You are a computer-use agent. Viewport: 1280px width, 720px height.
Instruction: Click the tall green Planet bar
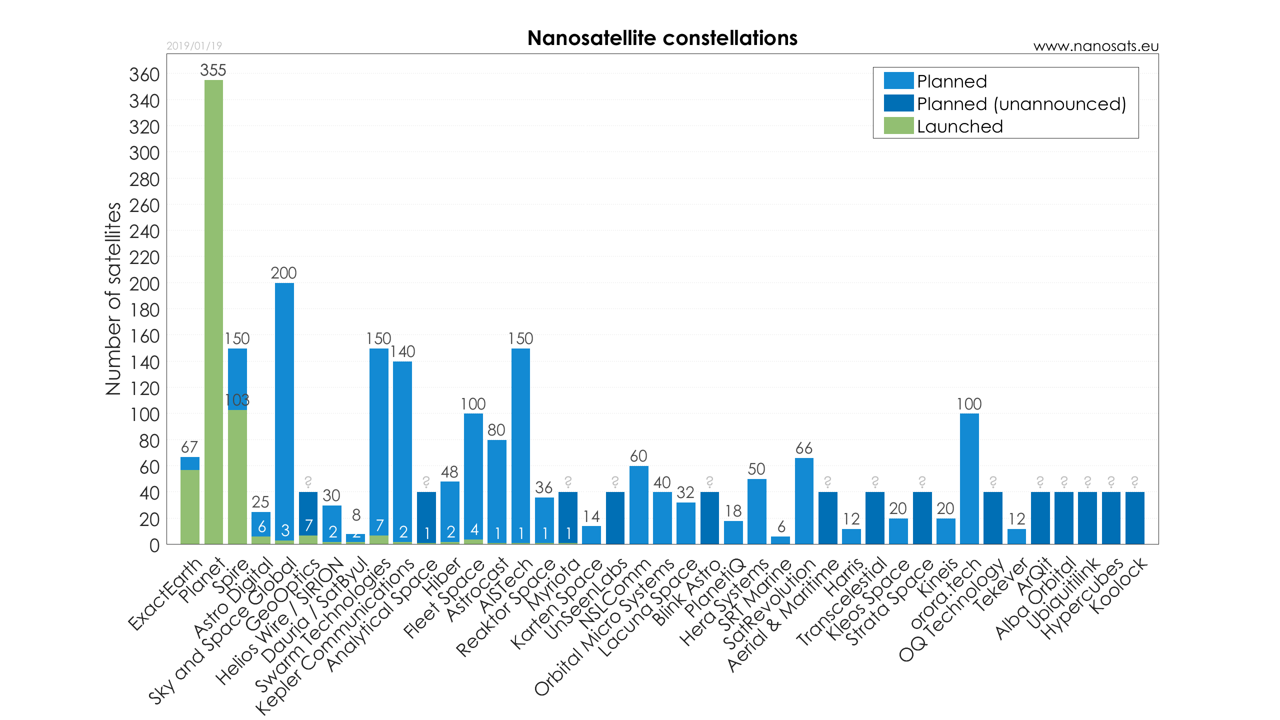click(213, 310)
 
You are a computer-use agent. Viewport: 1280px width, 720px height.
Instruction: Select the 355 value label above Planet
click(213, 70)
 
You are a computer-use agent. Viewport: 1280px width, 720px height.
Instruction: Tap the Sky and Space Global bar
click(284, 410)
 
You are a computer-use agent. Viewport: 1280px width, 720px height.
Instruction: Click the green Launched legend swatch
click(898, 126)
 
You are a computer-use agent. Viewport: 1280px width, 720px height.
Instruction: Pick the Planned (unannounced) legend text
click(1021, 104)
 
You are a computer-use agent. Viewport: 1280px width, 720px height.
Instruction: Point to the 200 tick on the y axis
click(144, 284)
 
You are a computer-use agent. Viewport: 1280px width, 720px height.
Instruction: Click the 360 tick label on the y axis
click(144, 75)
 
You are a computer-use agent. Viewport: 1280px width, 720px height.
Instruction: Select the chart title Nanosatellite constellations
click(662, 38)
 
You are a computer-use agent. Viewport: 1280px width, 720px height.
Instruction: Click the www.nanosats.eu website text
click(1095, 46)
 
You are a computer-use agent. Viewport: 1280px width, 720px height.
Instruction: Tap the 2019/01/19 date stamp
click(194, 46)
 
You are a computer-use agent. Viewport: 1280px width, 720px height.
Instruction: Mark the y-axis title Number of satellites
click(113, 298)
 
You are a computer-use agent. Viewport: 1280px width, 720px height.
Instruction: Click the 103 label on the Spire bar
click(237, 400)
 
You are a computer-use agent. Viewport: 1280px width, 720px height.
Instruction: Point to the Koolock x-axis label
click(1119, 586)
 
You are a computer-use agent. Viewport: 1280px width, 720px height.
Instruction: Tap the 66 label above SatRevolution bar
click(804, 448)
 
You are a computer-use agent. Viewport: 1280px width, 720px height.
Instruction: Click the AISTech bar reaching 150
click(520, 445)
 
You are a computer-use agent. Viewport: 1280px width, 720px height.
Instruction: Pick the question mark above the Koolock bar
click(1134, 481)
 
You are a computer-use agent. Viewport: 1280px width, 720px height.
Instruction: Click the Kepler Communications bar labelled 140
click(402, 450)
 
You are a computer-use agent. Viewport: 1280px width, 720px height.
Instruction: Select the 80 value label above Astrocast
click(496, 430)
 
